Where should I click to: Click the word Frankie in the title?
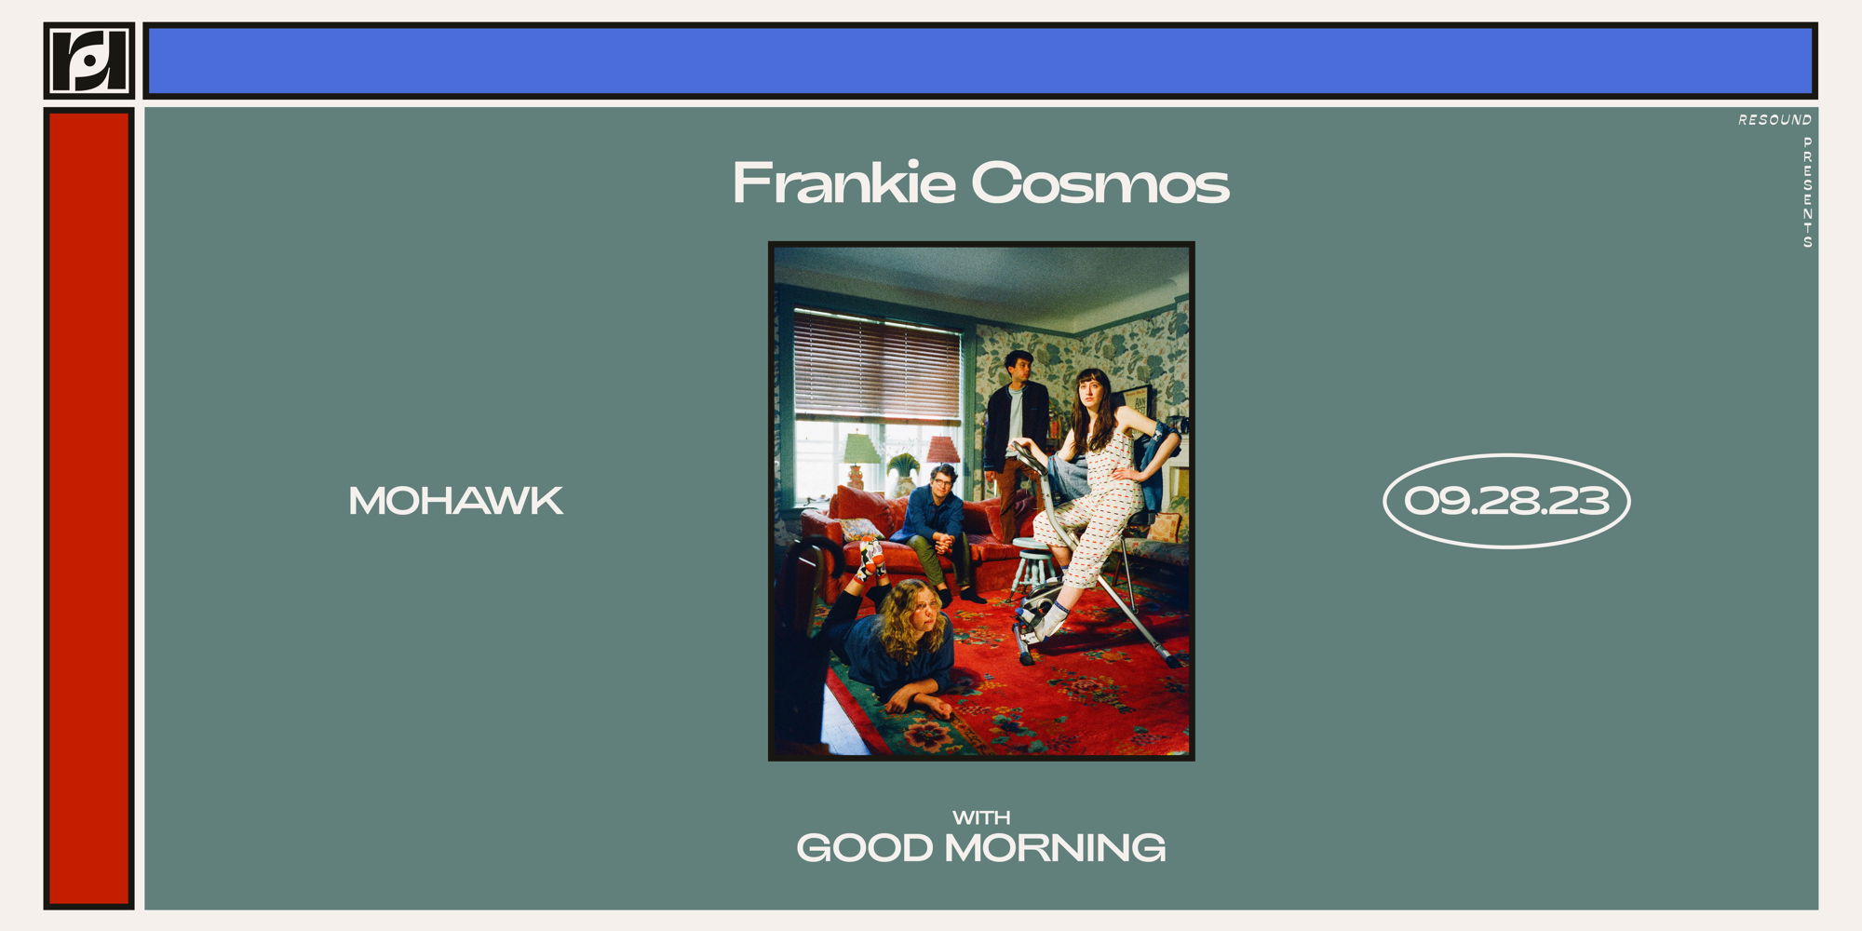pyautogui.click(x=843, y=182)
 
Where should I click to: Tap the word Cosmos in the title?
pyautogui.click(x=1100, y=183)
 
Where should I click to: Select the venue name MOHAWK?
pyautogui.click(x=455, y=501)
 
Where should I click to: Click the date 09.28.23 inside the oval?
pyautogui.click(x=1506, y=501)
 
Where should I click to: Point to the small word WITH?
pyautogui.click(x=981, y=817)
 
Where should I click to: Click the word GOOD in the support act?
pyautogui.click(x=864, y=848)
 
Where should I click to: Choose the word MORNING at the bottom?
pyautogui.click(x=1055, y=848)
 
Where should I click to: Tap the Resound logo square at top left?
pyautogui.click(x=88, y=61)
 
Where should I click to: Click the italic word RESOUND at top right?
pyautogui.click(x=1774, y=120)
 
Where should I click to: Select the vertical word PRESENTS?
pyautogui.click(x=1807, y=192)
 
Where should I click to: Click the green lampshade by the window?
pyautogui.click(x=859, y=449)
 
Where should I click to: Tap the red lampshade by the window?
pyautogui.click(x=942, y=450)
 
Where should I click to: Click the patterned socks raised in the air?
pyautogui.click(x=871, y=558)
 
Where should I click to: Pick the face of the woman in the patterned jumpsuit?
pyautogui.click(x=1089, y=391)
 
